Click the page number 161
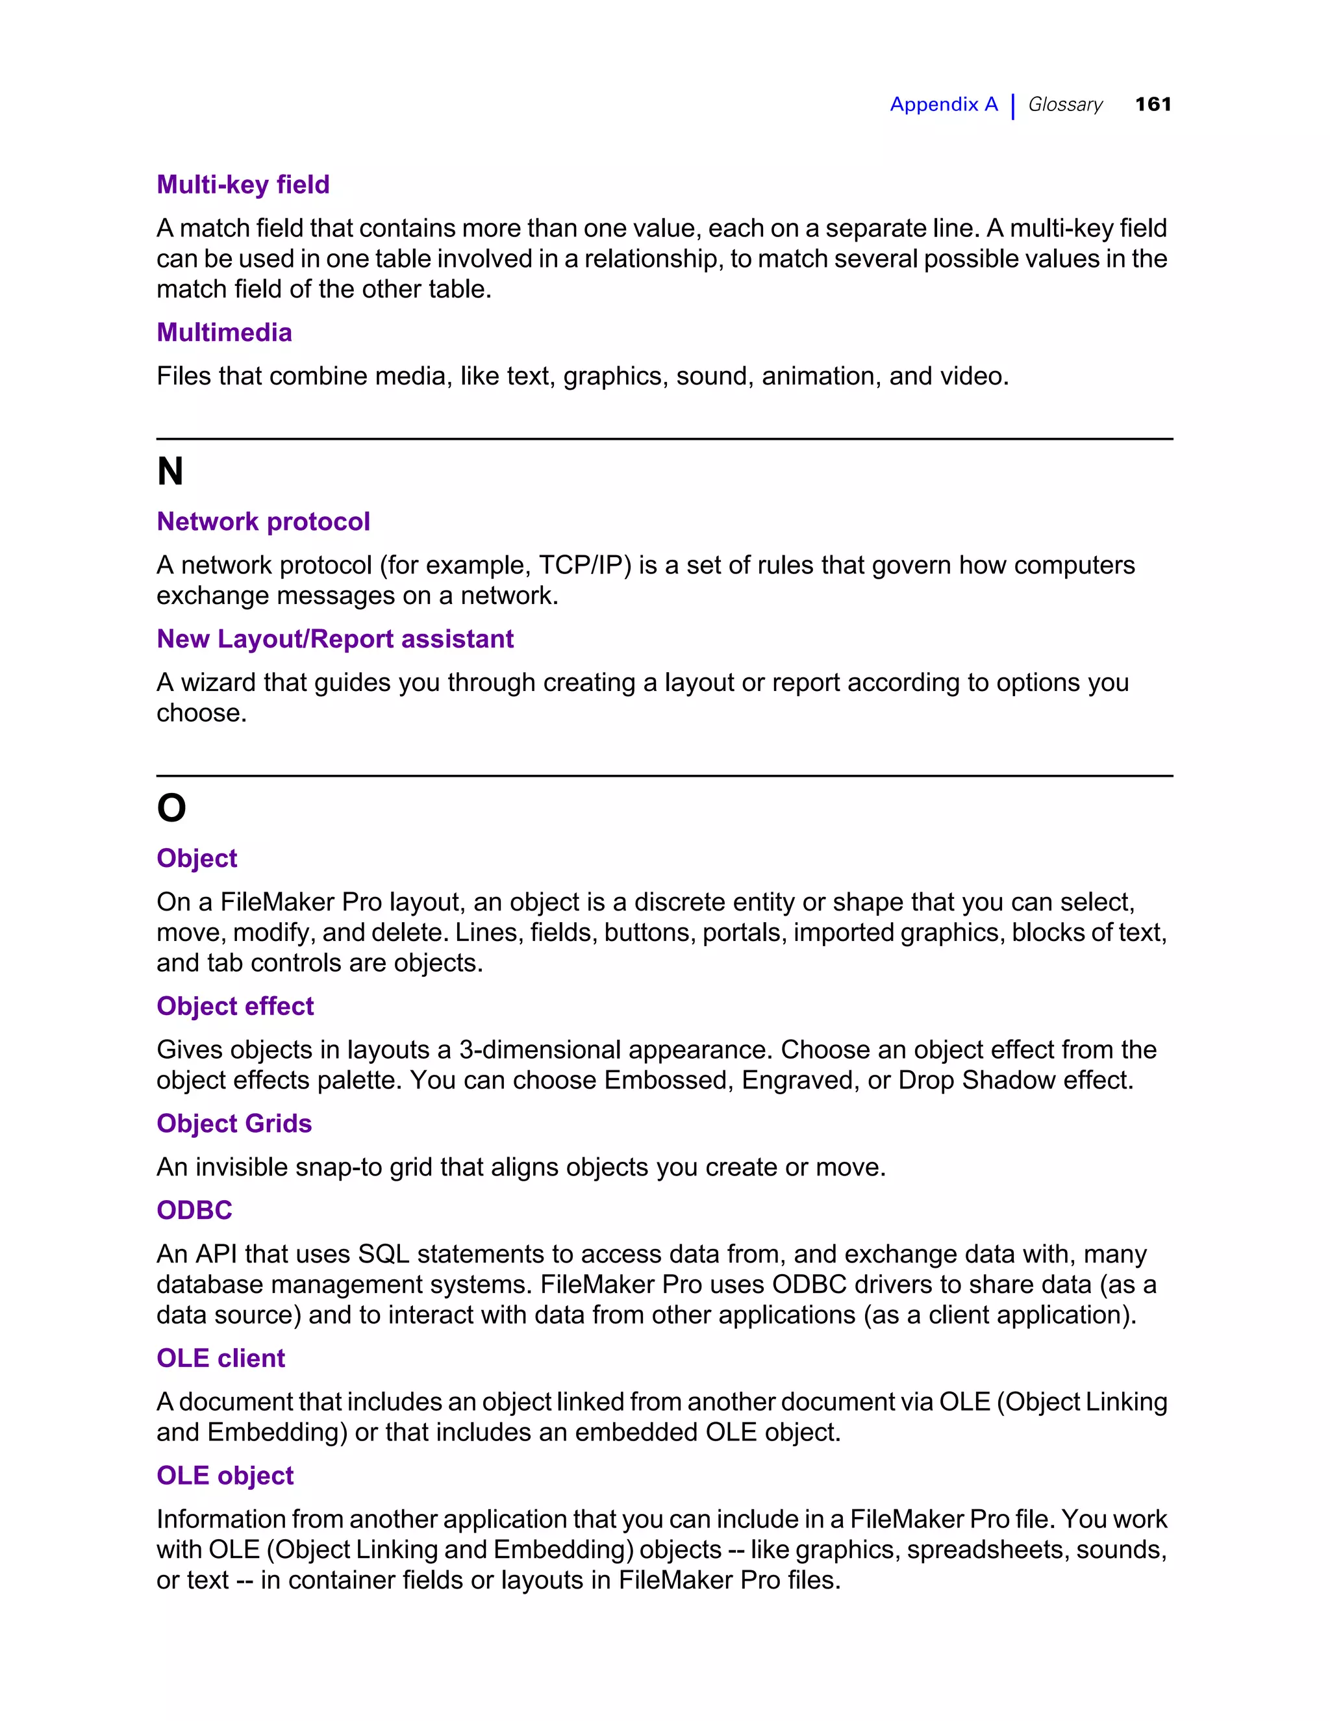1153,104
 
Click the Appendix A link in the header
943,104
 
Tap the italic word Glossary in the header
1064,104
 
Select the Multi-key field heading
243,184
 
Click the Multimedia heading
224,333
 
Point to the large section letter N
170,472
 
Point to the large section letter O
171,809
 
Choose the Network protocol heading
263,521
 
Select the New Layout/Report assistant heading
335,639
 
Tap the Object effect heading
235,1006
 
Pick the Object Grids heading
234,1124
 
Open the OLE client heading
221,1359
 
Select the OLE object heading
225,1476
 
